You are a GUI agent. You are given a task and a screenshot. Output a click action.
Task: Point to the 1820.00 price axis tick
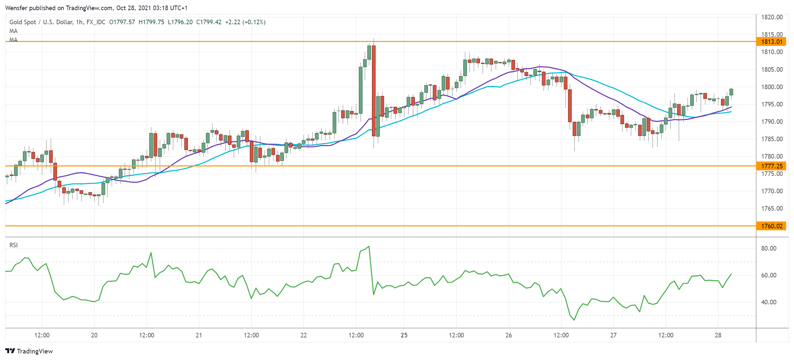click(772, 17)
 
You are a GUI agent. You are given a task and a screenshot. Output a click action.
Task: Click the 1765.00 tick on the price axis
click(772, 208)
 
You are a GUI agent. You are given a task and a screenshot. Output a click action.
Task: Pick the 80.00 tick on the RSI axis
click(768, 248)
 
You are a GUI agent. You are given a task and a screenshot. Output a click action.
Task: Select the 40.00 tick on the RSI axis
click(768, 302)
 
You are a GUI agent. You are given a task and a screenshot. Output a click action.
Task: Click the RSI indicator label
click(13, 245)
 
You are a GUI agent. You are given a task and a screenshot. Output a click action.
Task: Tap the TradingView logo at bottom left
click(29, 351)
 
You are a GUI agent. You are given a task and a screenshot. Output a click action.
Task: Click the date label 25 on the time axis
click(404, 335)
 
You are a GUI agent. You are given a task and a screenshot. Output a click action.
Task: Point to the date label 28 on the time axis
click(718, 335)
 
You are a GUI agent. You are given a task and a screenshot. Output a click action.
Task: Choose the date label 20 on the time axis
click(94, 335)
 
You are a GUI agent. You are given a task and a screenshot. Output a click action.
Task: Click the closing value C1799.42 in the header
click(209, 22)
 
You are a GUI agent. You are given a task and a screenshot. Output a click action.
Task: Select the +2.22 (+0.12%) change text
click(245, 22)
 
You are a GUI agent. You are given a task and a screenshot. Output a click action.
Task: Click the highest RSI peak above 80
click(369, 246)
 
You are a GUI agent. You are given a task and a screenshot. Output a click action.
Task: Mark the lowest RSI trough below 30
click(574, 320)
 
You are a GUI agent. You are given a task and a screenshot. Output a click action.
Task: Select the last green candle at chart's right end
click(731, 92)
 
